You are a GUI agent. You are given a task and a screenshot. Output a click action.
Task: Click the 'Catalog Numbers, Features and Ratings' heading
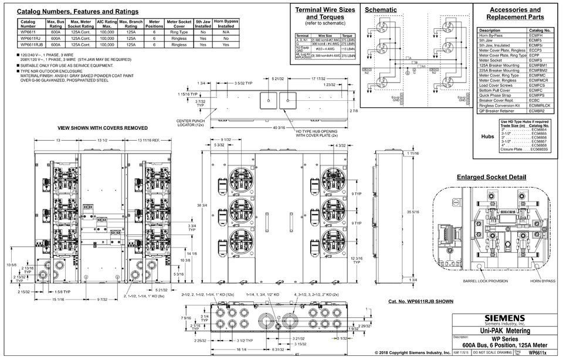78,12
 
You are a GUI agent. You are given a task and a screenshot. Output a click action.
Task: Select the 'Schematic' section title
381,10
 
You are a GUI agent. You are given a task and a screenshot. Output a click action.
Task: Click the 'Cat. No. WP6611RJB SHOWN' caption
421,301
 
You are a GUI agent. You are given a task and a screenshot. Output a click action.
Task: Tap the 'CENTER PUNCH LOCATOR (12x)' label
191,123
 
